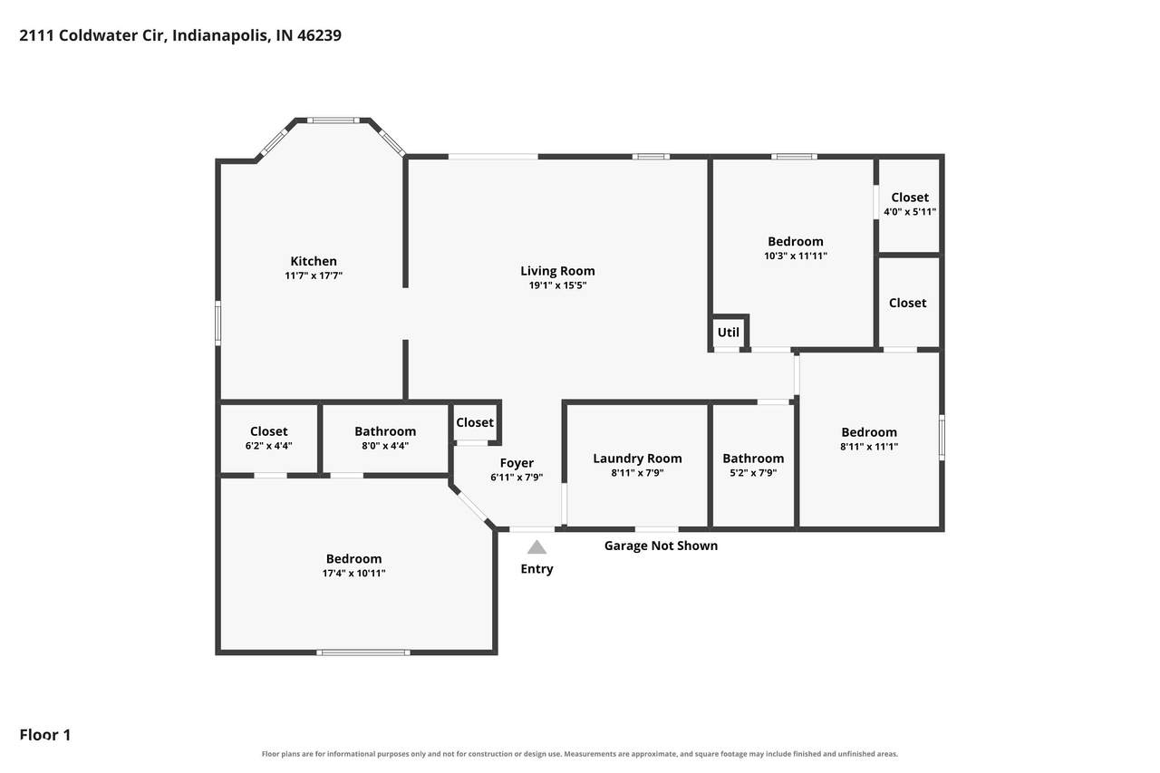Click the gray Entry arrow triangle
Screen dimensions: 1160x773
tap(537, 547)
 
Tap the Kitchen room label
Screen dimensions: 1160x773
tap(314, 261)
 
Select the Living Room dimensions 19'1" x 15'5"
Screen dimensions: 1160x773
tap(557, 285)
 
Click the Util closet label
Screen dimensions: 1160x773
tap(728, 333)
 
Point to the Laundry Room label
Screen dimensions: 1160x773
tap(637, 459)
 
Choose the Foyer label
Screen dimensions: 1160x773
tap(517, 463)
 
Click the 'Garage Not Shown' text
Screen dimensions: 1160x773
tap(661, 546)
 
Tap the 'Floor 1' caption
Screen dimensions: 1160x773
tap(45, 735)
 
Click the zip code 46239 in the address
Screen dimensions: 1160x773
tap(319, 35)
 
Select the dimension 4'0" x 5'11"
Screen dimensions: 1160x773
tap(909, 212)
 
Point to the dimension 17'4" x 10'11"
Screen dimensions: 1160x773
tap(353, 573)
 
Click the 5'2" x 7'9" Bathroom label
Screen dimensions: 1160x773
tap(753, 459)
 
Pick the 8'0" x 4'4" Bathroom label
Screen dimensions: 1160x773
tap(385, 431)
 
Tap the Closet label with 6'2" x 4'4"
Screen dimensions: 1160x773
tap(268, 431)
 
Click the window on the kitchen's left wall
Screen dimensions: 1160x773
tap(218, 324)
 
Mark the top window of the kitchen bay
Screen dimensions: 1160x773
tap(333, 121)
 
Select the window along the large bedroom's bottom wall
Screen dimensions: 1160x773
tap(363, 652)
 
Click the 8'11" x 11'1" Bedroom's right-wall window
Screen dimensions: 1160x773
tap(942, 438)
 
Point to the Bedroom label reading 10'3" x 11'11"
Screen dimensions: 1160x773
tap(796, 241)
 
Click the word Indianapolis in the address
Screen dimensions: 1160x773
tap(220, 35)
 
